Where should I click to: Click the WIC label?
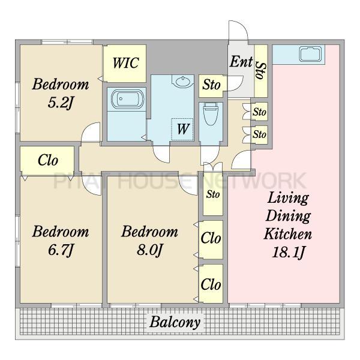[126, 62]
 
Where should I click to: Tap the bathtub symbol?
[128, 99]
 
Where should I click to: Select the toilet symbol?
[211, 113]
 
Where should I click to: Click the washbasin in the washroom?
[183, 82]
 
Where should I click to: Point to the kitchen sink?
[310, 54]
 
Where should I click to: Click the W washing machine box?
[182, 129]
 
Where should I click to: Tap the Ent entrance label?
[241, 62]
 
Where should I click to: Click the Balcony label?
[175, 322]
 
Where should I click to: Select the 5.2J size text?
[60, 103]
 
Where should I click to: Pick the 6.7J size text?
[61, 250]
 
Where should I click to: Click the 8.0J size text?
[149, 250]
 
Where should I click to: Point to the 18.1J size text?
[288, 253]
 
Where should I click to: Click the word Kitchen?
[288, 234]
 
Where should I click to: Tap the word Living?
[288, 198]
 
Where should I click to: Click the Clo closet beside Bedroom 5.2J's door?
[47, 160]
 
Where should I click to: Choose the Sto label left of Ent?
[211, 85]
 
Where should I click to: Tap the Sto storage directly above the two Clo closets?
[213, 194]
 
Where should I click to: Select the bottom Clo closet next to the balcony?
[211, 284]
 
